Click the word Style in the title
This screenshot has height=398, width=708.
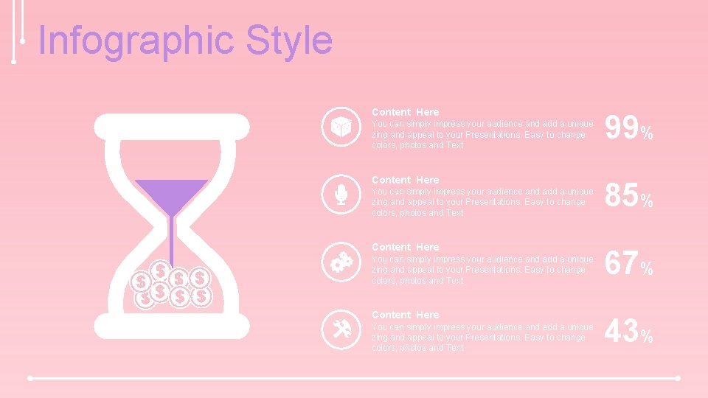(289, 41)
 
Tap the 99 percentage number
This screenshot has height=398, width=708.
(621, 129)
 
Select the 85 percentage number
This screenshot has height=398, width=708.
(621, 196)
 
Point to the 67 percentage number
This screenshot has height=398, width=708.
(621, 264)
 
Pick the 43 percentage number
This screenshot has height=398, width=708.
(621, 331)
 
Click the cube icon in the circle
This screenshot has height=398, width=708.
(341, 128)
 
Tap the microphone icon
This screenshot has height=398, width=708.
(341, 195)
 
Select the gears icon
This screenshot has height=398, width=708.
(341, 262)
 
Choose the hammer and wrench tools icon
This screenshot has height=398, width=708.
(341, 330)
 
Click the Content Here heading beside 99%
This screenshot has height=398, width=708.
(405, 112)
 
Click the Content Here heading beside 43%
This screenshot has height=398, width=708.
(405, 315)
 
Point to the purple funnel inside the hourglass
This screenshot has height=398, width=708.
(171, 195)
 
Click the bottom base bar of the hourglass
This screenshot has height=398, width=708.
(172, 326)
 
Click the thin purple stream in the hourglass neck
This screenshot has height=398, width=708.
(171, 240)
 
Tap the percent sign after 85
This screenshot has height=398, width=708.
(646, 201)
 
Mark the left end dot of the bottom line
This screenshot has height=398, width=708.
(30, 378)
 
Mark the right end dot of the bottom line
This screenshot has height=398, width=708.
(677, 378)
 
